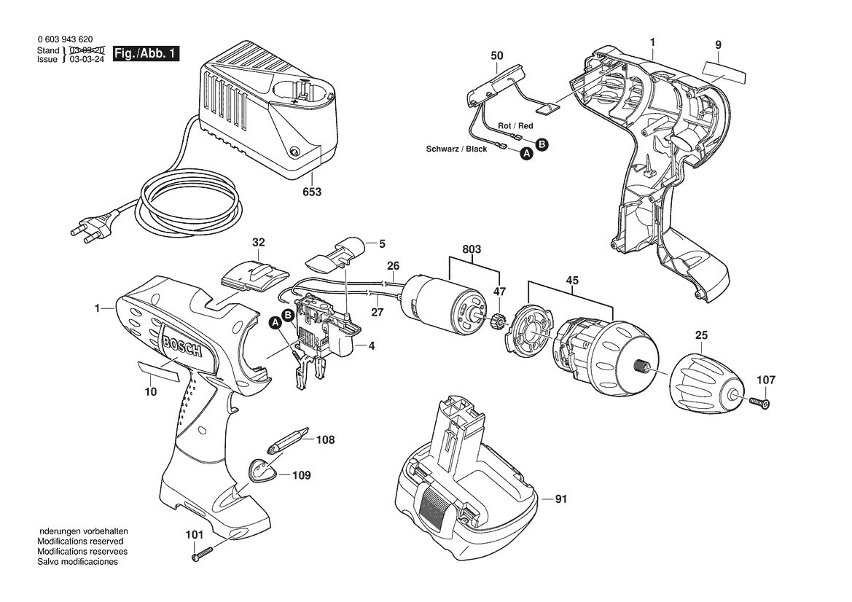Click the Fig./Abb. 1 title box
click(x=146, y=55)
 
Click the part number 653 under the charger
click(x=312, y=192)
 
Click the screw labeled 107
click(x=761, y=402)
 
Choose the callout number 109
click(x=302, y=476)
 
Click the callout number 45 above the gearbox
click(x=572, y=281)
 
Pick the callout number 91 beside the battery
click(x=560, y=499)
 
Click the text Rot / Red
click(x=516, y=125)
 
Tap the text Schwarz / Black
click(x=457, y=149)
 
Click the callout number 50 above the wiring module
click(x=496, y=55)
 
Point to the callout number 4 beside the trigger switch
click(x=372, y=345)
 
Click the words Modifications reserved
click(x=80, y=542)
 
